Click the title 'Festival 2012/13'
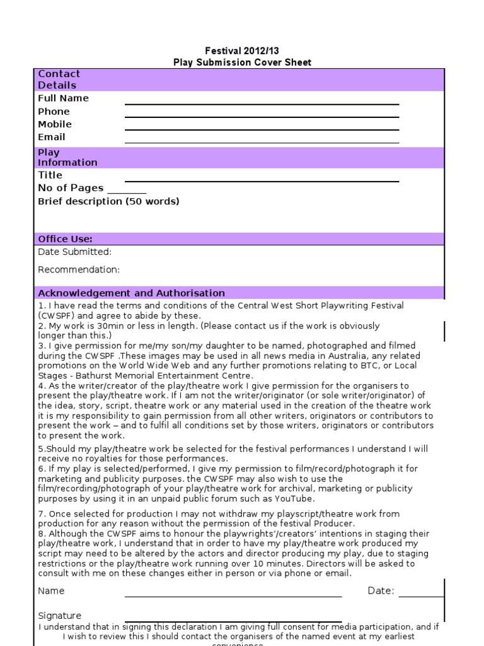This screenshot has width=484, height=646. click(242, 50)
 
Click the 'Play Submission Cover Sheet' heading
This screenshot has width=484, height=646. click(242, 62)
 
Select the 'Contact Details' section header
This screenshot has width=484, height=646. click(59, 79)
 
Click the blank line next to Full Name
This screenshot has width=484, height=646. click(262, 103)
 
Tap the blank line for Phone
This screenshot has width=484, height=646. click(262, 116)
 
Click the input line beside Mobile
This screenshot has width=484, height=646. click(262, 129)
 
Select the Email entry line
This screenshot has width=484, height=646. click(262, 142)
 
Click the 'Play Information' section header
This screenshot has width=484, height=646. click(67, 157)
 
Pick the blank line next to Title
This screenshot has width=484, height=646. click(262, 180)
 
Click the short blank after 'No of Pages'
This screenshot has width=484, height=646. click(127, 192)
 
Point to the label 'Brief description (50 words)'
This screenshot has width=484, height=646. click(108, 201)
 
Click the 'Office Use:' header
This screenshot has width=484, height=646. click(65, 239)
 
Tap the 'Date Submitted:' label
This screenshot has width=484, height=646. click(74, 252)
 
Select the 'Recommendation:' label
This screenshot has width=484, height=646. click(79, 270)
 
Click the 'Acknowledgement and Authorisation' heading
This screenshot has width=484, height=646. click(131, 293)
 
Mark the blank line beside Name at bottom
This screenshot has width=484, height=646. click(233, 595)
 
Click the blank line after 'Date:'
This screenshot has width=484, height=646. click(421, 595)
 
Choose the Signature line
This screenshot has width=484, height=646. click(233, 621)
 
